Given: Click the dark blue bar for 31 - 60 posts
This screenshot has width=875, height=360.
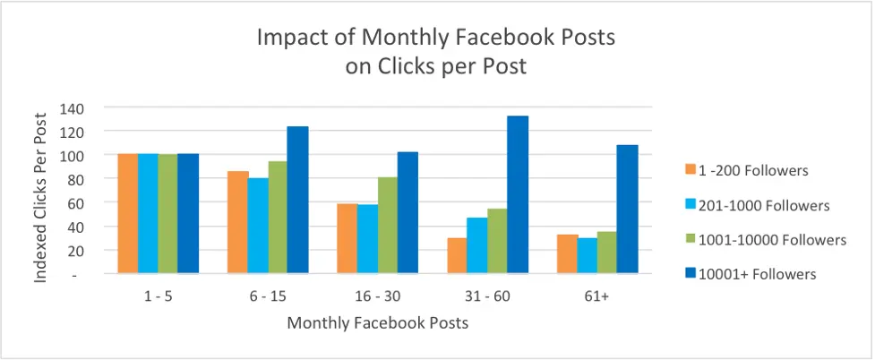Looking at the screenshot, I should click(x=518, y=194).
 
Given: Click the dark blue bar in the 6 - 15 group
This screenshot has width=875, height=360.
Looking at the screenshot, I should click(x=297, y=200).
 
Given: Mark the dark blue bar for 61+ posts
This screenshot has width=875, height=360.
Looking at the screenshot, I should click(x=627, y=209).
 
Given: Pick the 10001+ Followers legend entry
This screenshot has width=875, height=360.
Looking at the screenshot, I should click(x=751, y=274).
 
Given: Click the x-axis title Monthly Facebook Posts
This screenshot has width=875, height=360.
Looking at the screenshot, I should click(x=377, y=322).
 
